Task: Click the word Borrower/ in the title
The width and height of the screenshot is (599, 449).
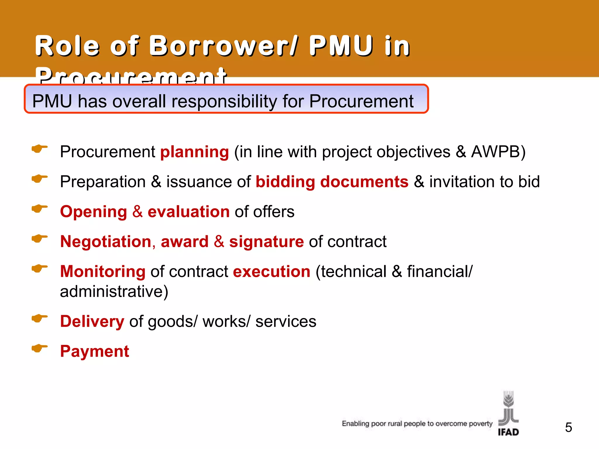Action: [x=224, y=46]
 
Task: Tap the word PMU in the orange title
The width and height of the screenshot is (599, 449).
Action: [x=341, y=46]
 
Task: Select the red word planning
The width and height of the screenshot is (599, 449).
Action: [x=194, y=152]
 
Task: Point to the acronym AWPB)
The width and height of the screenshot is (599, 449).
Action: [x=498, y=152]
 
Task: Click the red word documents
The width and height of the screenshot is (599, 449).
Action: [x=364, y=182]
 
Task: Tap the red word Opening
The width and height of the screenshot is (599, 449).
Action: [x=93, y=212]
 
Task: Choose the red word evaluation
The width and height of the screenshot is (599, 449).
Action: [x=189, y=212]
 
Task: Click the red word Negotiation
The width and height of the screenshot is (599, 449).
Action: [x=106, y=242]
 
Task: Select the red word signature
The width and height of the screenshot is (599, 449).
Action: [x=266, y=242]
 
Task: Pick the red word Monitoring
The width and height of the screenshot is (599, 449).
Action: [x=103, y=272]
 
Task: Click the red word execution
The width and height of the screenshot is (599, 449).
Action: [x=272, y=272]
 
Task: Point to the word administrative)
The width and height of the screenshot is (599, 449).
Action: [x=114, y=291]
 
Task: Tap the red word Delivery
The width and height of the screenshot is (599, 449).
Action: [x=92, y=322]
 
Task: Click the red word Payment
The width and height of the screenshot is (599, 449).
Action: [x=94, y=351]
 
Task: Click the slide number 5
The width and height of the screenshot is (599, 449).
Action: [x=568, y=428]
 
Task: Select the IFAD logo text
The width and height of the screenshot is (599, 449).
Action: [x=508, y=432]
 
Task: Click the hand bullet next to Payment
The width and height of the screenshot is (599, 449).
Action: [x=39, y=348]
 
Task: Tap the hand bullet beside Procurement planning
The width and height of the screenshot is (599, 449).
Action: [x=39, y=149]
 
